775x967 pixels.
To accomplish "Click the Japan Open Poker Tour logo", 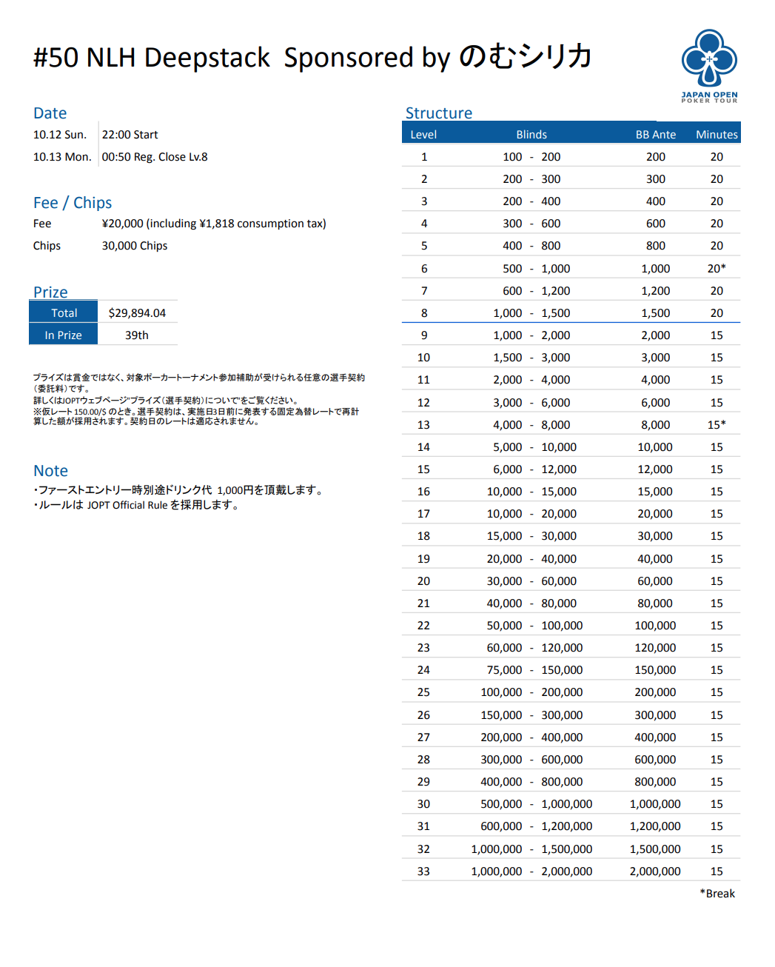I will (x=709, y=65).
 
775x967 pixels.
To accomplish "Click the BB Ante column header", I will (x=655, y=134).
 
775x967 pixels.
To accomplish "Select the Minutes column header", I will (x=716, y=134).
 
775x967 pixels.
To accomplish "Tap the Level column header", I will (x=423, y=134).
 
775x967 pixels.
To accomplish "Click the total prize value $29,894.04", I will (x=137, y=312).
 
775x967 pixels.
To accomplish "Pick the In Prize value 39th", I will (x=136, y=335).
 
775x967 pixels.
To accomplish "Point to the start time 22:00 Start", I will (x=130, y=134).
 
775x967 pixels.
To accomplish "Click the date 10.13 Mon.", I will (x=62, y=156).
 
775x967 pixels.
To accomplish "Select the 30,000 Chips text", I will (x=135, y=245).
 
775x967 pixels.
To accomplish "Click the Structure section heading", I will (x=438, y=113).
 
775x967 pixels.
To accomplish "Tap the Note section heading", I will (x=50, y=470).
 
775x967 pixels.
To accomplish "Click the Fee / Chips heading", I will (x=73, y=202).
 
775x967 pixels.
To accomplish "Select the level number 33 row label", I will (x=423, y=871).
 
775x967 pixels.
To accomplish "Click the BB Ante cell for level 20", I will (x=655, y=580).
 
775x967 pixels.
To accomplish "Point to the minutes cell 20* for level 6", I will (x=716, y=268).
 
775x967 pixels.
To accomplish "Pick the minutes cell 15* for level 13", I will (x=716, y=424).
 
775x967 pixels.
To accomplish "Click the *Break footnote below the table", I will (x=717, y=893).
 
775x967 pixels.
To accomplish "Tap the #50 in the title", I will (x=56, y=57).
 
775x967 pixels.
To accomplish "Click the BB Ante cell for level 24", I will (x=655, y=669).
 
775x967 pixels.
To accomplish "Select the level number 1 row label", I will (x=423, y=156).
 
